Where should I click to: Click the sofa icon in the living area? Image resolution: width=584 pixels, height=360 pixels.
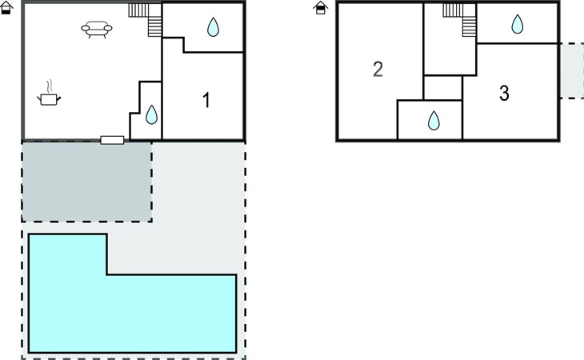97,29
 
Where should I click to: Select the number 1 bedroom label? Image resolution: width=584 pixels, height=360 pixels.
206,100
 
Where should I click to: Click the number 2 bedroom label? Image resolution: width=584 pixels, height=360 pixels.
378,70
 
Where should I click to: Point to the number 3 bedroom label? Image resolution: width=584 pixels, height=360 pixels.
504,93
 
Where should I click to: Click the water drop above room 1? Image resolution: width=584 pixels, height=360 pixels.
213,27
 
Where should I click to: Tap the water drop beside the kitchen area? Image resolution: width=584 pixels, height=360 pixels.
151,114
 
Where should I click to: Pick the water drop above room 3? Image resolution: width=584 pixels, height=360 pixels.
518,24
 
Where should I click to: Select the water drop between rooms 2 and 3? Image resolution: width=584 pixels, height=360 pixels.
434,120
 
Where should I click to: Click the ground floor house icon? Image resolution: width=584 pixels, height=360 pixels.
6,7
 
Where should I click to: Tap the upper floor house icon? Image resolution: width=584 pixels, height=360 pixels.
320,7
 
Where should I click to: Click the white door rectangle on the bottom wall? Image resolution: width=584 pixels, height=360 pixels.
112,140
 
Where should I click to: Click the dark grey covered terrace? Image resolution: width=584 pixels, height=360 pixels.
86,182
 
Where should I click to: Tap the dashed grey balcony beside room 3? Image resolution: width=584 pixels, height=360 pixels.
572,71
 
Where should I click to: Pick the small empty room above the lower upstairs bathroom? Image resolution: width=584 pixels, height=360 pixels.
443,88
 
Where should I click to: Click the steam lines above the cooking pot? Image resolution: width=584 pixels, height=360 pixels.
50,86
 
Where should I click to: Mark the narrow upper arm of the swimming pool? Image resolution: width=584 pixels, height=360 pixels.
68,254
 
